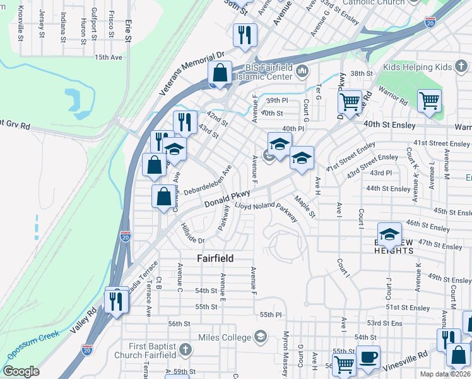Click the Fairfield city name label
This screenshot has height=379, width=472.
[x=215, y=258]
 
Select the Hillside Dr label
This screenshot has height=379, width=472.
[x=192, y=234]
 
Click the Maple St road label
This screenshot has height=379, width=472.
[x=304, y=207]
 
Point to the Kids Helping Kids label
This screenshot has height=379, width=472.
[x=417, y=67]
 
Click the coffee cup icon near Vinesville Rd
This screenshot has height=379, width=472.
[x=368, y=358]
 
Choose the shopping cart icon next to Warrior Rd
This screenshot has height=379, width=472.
[x=429, y=100]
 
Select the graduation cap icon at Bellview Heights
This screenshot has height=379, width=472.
[x=390, y=234]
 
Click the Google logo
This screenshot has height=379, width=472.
[x=20, y=371]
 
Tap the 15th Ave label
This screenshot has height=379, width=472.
[x=108, y=57]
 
